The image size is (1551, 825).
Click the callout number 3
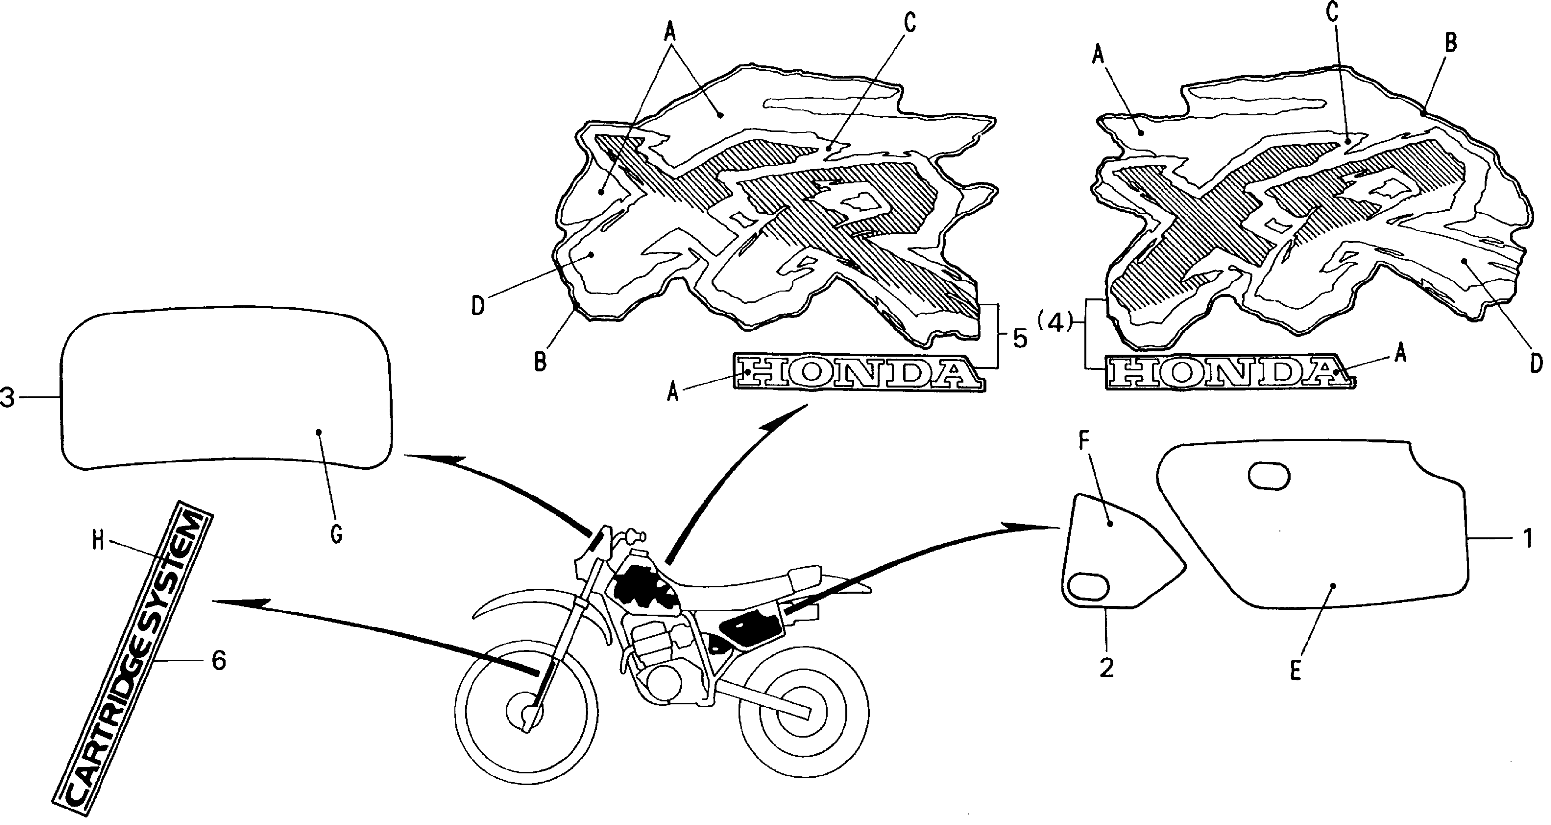pos(7,398)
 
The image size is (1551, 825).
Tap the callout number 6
pos(218,661)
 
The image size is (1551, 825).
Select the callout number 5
pos(1019,339)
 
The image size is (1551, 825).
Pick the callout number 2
pos(1107,667)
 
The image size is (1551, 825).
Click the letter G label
pos(337,533)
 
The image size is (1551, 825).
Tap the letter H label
pos(98,542)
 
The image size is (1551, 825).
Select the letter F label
pos(1084,442)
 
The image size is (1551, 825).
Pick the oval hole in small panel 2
pos(1089,587)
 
